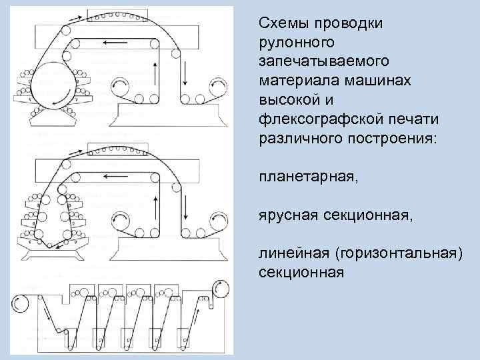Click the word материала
(x=292, y=80)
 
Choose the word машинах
(x=361, y=80)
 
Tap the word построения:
(x=379, y=137)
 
